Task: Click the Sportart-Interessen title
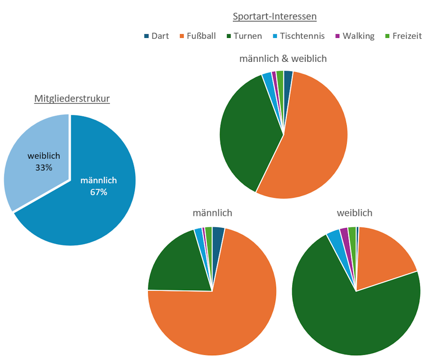275,17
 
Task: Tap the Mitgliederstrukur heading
72,99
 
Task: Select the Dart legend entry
157,36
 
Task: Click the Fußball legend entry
197,36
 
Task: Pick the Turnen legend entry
244,36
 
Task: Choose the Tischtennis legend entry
298,36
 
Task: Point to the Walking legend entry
355,36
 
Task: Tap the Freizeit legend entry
403,36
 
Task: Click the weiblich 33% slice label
44,161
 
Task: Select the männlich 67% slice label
99,186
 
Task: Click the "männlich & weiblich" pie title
283,58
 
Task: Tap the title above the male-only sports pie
213,213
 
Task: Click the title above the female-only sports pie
355,213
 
